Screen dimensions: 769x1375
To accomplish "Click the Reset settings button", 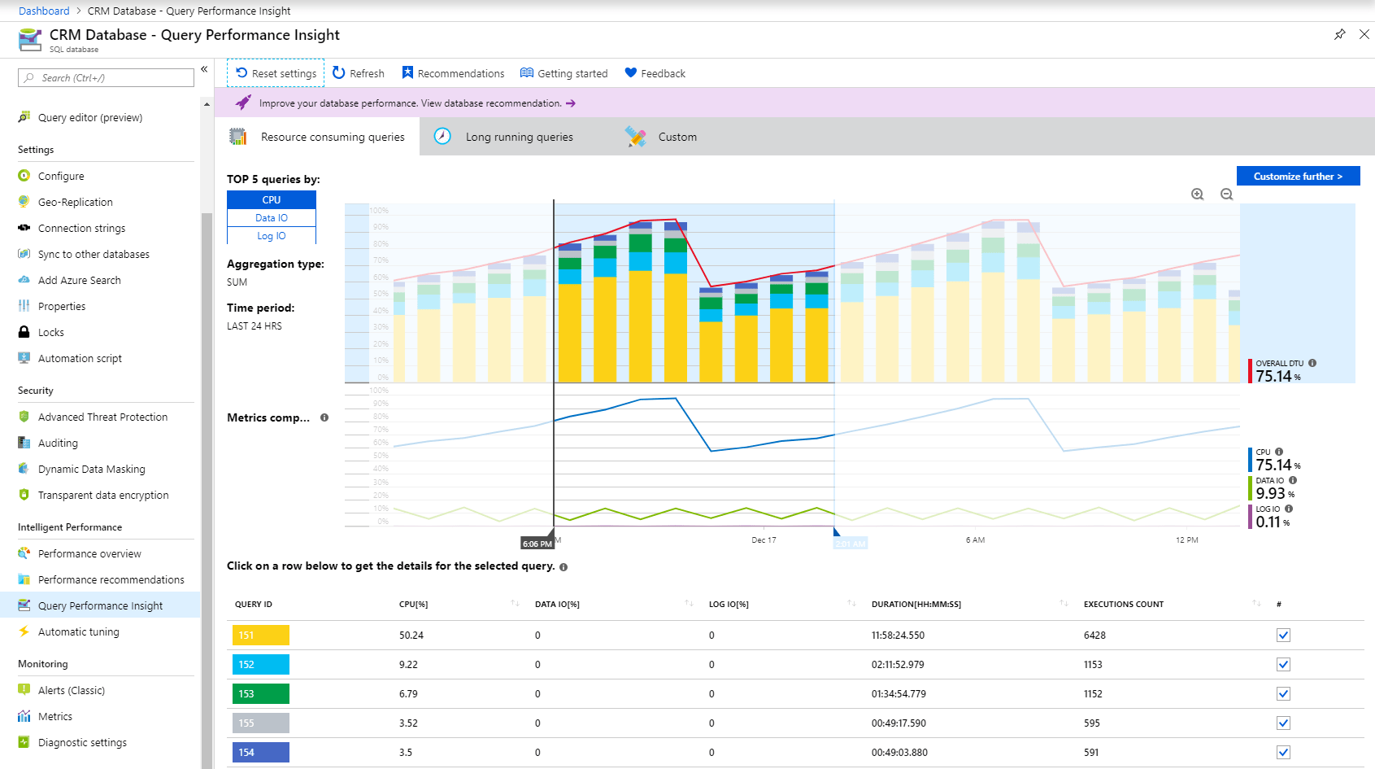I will [x=276, y=73].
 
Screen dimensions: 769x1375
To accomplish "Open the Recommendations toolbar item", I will [x=453, y=73].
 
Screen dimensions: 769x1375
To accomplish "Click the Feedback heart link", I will [x=655, y=73].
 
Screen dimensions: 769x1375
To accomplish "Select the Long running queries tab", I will [x=519, y=137].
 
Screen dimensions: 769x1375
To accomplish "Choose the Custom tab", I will [x=677, y=137].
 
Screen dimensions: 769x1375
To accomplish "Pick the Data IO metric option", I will [x=272, y=218].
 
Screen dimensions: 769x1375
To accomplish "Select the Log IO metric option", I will [x=272, y=236].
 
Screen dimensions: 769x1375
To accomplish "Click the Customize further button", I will [x=1298, y=177].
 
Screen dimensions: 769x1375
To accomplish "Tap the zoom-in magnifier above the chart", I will [x=1198, y=194].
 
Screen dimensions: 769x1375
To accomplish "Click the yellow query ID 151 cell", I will [x=260, y=636].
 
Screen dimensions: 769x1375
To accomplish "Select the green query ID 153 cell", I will [x=260, y=694].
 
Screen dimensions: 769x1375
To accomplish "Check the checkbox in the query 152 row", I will [x=1283, y=665].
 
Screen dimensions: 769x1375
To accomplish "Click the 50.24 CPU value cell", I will [x=411, y=636].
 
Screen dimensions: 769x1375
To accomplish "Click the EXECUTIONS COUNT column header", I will [x=1123, y=605].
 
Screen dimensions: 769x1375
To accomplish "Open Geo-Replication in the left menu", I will [x=75, y=202].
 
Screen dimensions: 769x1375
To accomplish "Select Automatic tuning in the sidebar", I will [x=78, y=631].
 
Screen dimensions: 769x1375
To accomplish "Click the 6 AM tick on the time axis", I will [x=975, y=540].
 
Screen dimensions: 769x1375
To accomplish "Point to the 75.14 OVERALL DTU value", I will [x=1273, y=376].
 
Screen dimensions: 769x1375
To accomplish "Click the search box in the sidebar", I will [x=106, y=78].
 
